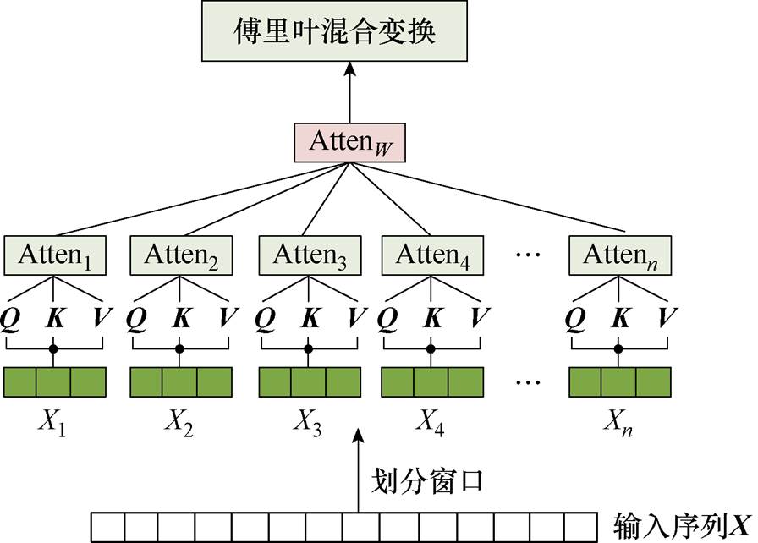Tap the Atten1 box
tap(55, 255)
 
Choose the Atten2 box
tap(180, 255)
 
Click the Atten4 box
tap(433, 255)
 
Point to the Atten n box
tap(621, 255)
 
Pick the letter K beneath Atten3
tap(310, 318)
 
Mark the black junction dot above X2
tap(179, 348)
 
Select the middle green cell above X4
tap(432, 382)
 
